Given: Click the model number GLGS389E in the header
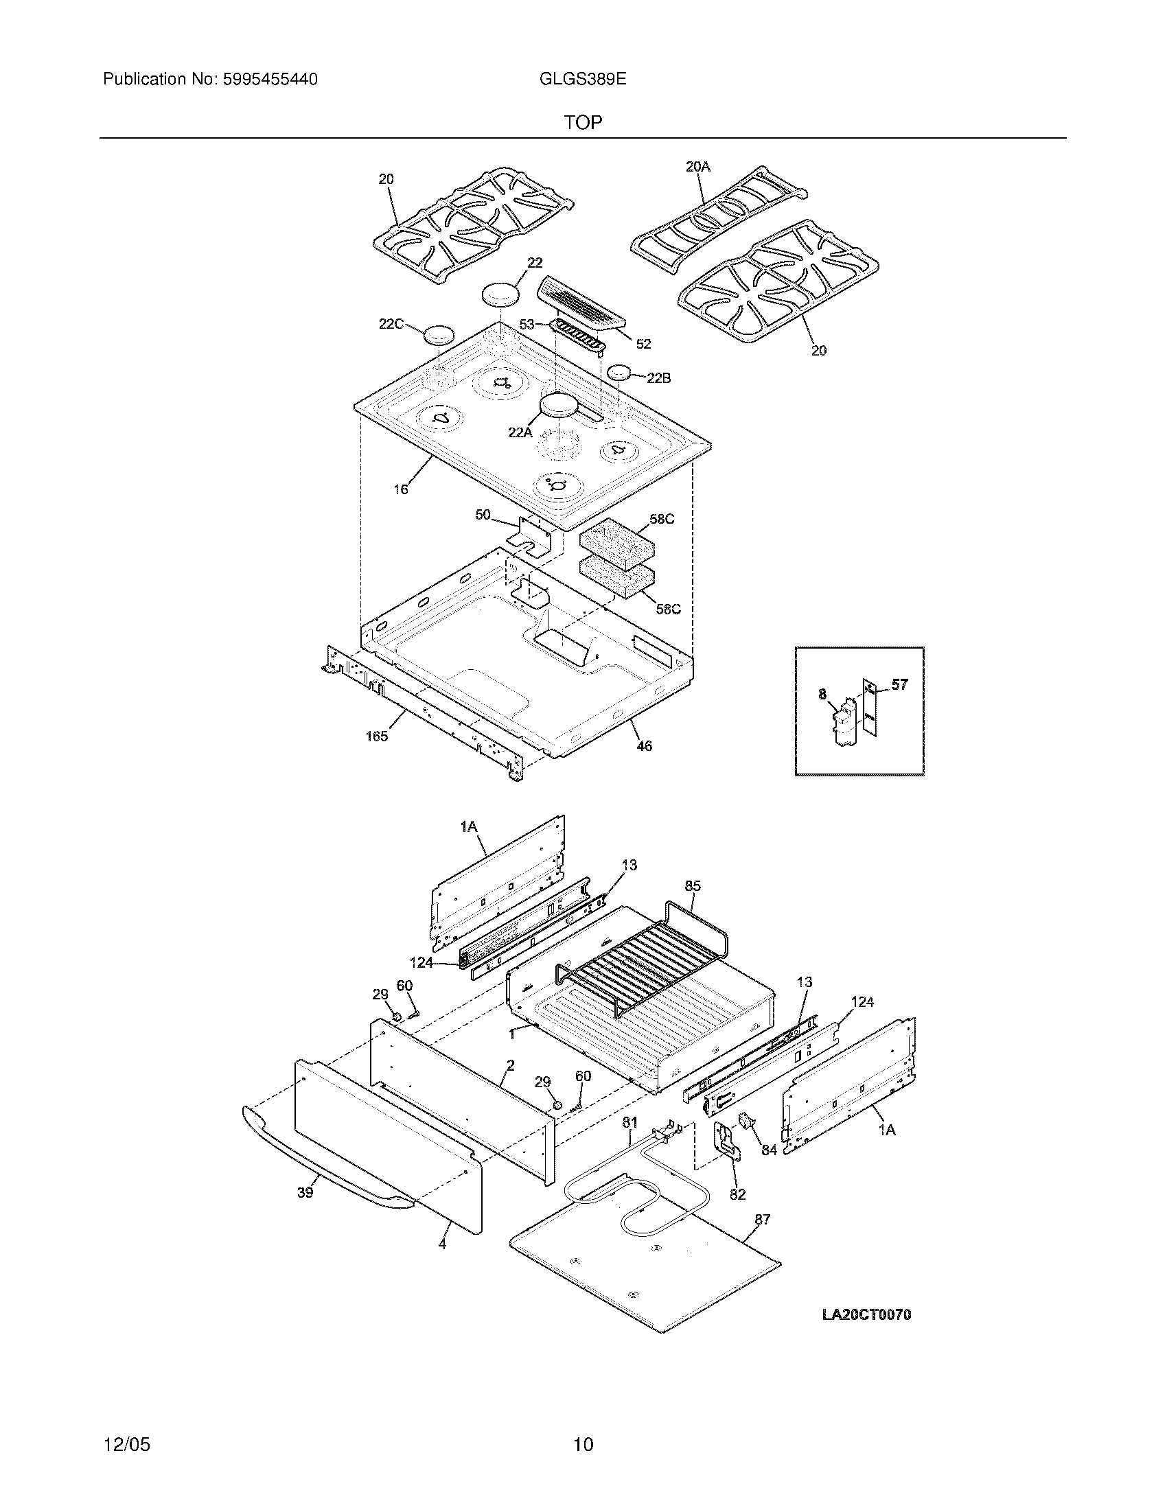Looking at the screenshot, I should tap(582, 80).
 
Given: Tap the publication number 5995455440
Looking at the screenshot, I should tap(269, 80).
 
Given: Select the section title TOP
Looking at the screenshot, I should tap(583, 123).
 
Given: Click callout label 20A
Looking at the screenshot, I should tap(697, 166).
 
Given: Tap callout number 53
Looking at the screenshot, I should tap(527, 323).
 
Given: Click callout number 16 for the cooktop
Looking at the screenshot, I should tap(401, 489).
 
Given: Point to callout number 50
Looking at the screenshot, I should tap(483, 514).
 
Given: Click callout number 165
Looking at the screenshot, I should tap(377, 736).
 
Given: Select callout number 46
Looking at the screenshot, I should tap(644, 746).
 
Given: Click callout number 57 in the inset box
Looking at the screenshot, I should tap(899, 684).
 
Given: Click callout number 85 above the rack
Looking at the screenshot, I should tap(693, 885).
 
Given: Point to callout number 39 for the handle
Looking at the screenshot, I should tap(305, 1193).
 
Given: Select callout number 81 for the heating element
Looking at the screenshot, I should tap(629, 1124).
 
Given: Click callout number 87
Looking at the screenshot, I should tap(762, 1220).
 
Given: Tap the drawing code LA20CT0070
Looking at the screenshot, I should tap(866, 1314).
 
